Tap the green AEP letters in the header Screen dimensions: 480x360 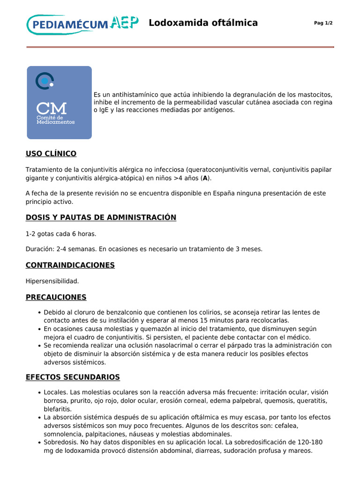tap(125, 22)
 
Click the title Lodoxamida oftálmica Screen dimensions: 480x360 tap(203, 23)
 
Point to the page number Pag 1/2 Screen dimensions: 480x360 tap(323, 23)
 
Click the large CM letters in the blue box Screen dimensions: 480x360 tap(52, 108)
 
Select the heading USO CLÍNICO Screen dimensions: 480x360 tap(51, 154)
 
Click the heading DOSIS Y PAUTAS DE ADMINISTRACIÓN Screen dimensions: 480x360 tap(101, 217)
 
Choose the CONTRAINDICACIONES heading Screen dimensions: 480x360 tap(70, 265)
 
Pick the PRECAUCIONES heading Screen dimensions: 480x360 tap(56, 297)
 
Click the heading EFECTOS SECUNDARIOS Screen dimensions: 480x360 tap(73, 377)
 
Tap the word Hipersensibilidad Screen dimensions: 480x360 tap(52, 281)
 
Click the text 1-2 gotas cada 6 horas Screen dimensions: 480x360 tap(61, 233)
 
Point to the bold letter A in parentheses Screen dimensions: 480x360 tap(205, 179)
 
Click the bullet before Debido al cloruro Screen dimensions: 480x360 tap(39, 313)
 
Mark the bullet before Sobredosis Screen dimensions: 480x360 tap(39, 442)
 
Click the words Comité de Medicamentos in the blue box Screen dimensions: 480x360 tap(55, 120)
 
